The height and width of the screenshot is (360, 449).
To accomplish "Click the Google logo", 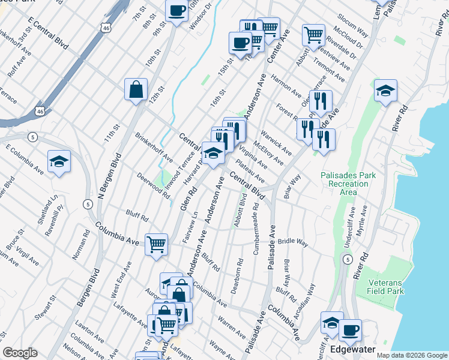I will click(20, 353).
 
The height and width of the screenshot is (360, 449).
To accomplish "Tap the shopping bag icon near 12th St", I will click(136, 90).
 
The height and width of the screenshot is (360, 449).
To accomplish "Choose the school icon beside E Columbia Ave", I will click(59, 161).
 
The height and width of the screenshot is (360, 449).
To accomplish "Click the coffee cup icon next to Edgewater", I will click(350, 330).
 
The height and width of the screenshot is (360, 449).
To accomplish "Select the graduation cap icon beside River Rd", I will click(385, 91).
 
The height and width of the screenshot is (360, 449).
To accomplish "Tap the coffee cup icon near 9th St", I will click(176, 11).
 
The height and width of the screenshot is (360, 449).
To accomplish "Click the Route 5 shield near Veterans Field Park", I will click(348, 259).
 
